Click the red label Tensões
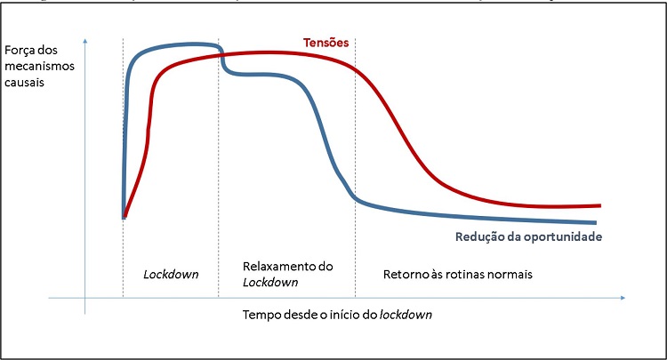325,43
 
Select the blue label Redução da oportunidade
530,237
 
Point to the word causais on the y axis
24,82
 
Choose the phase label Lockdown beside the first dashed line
171,274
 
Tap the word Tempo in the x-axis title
260,316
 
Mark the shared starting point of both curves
123,216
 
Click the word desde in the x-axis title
301,316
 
